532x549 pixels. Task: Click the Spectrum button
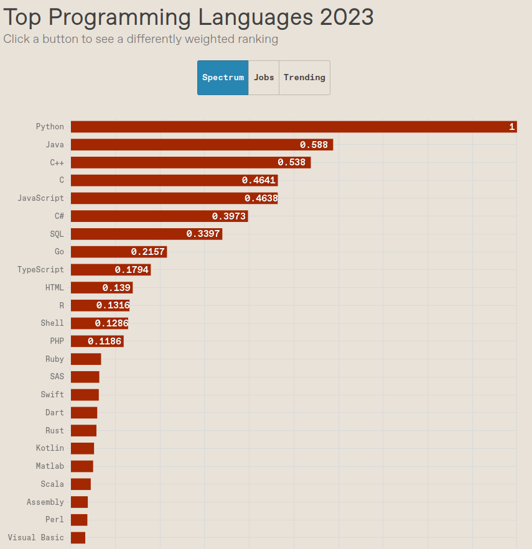tap(223, 78)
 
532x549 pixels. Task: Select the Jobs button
tap(264, 78)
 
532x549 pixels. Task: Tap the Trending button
tap(304, 78)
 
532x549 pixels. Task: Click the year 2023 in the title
tap(347, 17)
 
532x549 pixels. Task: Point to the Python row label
tap(50, 127)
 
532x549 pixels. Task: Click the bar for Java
tap(187, 145)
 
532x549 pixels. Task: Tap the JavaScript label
tap(40, 198)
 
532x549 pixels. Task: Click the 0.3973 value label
tap(229, 216)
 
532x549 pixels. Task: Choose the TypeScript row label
tap(40, 270)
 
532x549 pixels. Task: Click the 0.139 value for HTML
tap(116, 288)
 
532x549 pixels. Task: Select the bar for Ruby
tap(86, 359)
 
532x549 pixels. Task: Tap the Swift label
tap(52, 395)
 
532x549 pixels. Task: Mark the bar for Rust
tap(83, 430)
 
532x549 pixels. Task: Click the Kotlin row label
tap(50, 448)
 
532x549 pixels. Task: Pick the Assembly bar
tap(79, 502)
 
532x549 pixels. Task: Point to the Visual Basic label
tap(35, 538)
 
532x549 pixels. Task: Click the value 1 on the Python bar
tap(511, 127)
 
